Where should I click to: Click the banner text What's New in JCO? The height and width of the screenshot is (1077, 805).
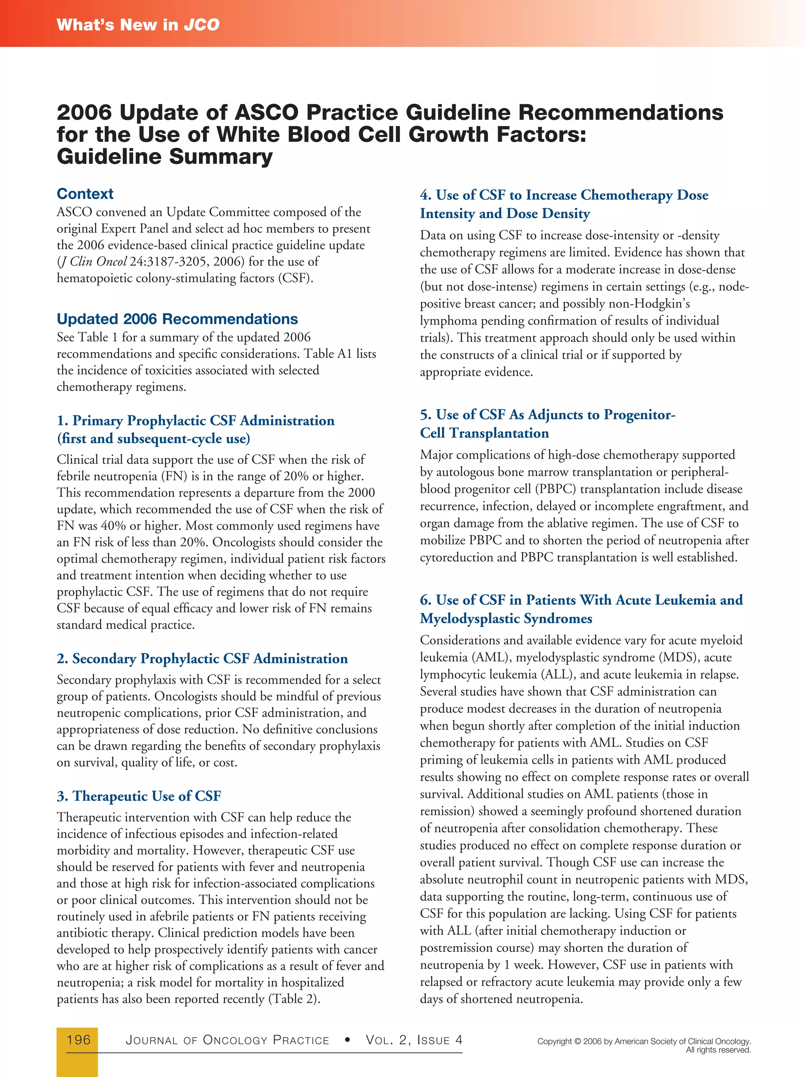pyautogui.click(x=138, y=24)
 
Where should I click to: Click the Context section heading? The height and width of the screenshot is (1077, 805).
pyautogui.click(x=85, y=194)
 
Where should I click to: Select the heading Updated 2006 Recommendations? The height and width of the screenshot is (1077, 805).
pyautogui.click(x=177, y=319)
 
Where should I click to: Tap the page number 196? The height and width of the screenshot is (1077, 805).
pyautogui.click(x=78, y=1040)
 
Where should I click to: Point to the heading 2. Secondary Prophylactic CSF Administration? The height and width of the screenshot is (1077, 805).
pyautogui.click(x=202, y=659)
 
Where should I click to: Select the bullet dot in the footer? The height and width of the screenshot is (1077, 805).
pyautogui.click(x=347, y=1040)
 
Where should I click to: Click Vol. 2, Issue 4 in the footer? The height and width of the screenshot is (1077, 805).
pyautogui.click(x=414, y=1040)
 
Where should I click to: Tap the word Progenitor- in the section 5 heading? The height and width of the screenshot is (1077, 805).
pyautogui.click(x=640, y=415)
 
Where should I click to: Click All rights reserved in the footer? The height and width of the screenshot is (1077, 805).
pyautogui.click(x=718, y=1050)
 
